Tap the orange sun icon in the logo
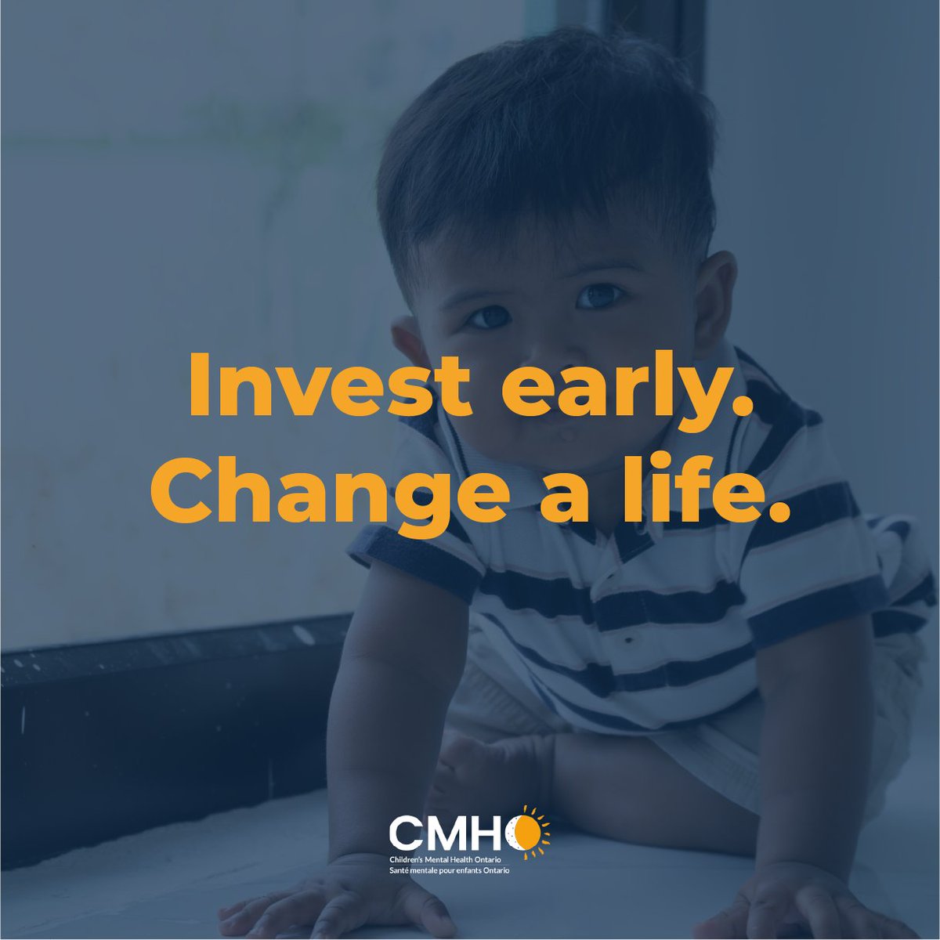tap(524, 832)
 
